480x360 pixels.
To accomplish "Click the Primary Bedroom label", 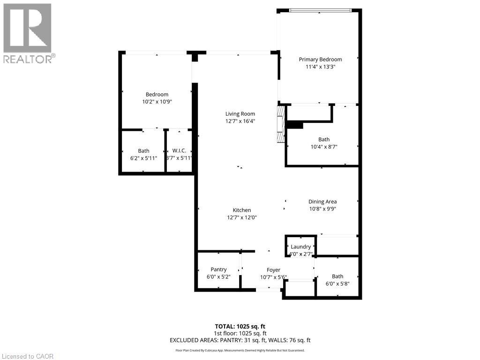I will coord(320,60).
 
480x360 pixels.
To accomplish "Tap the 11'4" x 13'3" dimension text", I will coord(320,67).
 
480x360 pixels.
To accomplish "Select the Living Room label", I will coord(240,114).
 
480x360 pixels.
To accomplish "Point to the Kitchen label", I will coord(242,210).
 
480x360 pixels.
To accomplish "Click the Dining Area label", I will coord(322,202).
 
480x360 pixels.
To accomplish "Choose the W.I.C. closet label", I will coord(179,150).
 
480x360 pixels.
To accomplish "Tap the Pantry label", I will coord(218,269).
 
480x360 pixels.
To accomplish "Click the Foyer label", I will coord(273,270).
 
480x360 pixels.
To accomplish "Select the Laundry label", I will coord(300,247).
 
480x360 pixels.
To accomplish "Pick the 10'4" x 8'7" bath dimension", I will coord(323,147).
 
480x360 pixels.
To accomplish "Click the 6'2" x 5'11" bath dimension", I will coord(143,158).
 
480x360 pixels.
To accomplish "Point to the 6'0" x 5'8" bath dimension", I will coord(337,284).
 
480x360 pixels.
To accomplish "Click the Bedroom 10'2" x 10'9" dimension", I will coord(157,102).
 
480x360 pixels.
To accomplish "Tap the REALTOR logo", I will coord(28,33).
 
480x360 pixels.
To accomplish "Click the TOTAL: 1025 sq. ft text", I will coord(240,326).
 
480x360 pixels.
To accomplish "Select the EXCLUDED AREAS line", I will coord(240,340).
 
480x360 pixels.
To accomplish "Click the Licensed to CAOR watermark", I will coord(28,356).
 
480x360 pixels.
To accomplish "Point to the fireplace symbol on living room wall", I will coord(281,124).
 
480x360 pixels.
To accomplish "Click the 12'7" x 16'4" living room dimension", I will coord(240,121).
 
